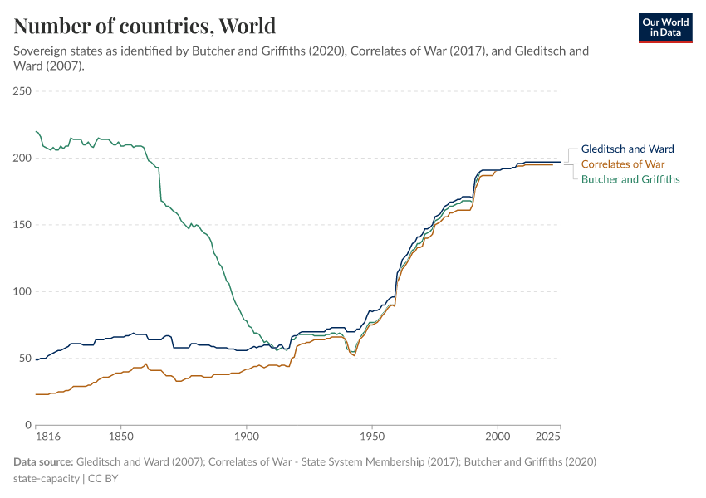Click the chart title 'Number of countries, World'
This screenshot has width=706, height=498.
click(x=145, y=26)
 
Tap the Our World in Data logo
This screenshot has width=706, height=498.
click(x=664, y=27)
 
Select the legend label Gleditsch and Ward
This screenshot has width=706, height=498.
click(x=627, y=149)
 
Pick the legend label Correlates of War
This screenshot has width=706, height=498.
click(x=622, y=164)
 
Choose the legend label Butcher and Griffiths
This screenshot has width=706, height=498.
click(x=630, y=179)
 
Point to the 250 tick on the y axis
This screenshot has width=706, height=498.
click(x=22, y=91)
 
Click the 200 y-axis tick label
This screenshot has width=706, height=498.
click(x=22, y=158)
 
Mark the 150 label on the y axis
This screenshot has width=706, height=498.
click(x=22, y=225)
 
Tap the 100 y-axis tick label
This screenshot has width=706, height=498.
click(x=22, y=291)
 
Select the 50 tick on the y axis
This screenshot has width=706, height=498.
click(x=25, y=359)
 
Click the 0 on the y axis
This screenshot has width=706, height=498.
click(x=28, y=425)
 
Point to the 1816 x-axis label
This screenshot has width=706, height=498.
click(x=36, y=436)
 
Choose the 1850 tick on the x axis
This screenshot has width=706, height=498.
click(x=120, y=436)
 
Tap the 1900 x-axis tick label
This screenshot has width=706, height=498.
click(x=246, y=436)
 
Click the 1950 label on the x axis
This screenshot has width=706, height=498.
click(x=372, y=436)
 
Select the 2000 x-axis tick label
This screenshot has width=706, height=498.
click(x=498, y=436)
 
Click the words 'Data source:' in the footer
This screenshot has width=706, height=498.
click(x=43, y=461)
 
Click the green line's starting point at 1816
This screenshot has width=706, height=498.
click(x=37, y=131)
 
